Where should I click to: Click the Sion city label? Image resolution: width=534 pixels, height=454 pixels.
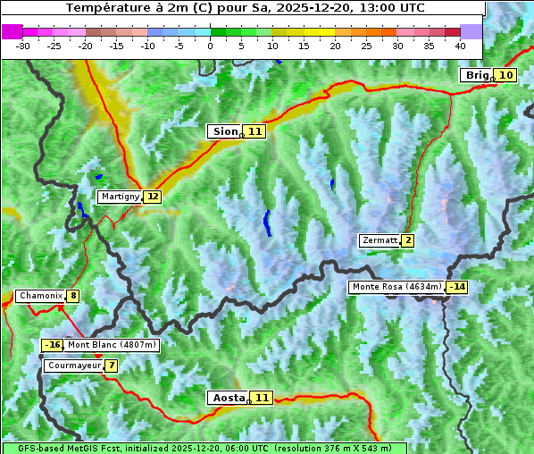pos(224,131)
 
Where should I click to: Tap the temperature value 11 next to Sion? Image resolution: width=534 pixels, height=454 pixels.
pos(255,131)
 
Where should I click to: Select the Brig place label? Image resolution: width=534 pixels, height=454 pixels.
pos(476,75)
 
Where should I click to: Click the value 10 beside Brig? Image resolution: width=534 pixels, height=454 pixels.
pos(505,75)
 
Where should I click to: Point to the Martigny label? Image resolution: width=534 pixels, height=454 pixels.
pos(120,196)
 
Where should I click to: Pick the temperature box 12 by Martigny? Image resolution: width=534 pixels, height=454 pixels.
pos(153,196)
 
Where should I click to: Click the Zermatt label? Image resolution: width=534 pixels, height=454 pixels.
pos(380,240)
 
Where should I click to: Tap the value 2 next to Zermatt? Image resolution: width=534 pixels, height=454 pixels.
pos(408,240)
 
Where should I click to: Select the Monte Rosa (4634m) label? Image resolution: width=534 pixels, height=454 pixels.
pos(396,287)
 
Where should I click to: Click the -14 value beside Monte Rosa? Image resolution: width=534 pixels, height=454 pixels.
pos(457,287)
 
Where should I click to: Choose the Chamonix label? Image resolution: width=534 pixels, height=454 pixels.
pos(40,296)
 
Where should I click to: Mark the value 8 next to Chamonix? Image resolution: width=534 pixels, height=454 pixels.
pos(72,296)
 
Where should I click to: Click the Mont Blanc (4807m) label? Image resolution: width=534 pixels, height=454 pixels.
pos(112,345)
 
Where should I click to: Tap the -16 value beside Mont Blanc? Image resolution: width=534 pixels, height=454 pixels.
pos(53,345)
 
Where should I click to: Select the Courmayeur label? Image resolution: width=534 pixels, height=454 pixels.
pos(73,366)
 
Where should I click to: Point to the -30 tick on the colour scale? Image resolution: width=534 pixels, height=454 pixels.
pos(23,45)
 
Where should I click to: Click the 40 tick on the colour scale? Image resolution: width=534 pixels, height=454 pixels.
pos(460,45)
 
